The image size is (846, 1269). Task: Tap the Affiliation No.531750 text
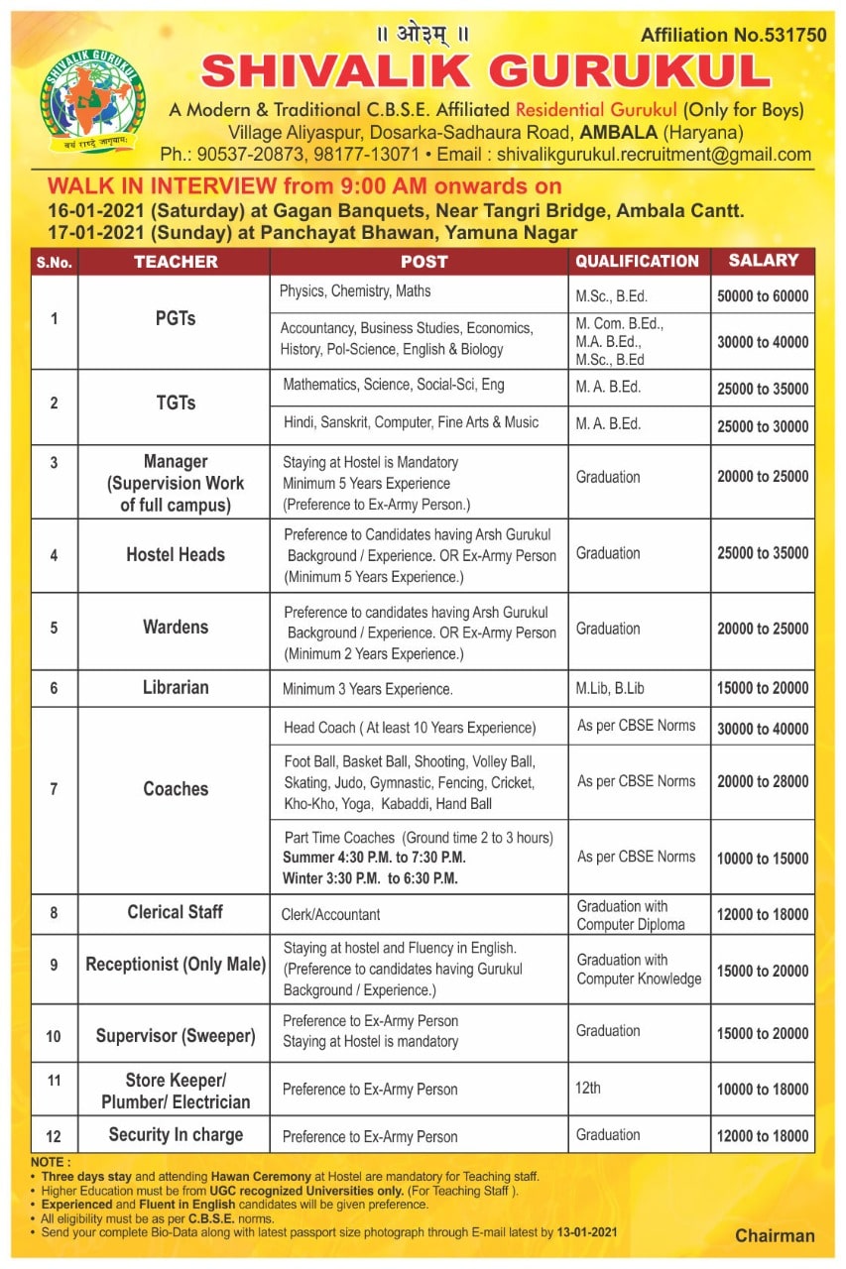pos(733,35)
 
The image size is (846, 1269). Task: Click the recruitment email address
pos(654,155)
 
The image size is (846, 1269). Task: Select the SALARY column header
pos(763,261)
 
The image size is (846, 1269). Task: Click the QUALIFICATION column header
pos(638,262)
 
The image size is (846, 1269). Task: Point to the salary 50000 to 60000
pos(763,295)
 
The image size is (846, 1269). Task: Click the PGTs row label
pos(176,319)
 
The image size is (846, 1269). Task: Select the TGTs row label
pos(176,403)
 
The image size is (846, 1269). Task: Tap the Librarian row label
pos(176,687)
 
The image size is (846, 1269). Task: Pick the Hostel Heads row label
pos(176,555)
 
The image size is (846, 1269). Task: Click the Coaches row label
pos(176,789)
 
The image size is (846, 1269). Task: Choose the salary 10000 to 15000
pos(763,859)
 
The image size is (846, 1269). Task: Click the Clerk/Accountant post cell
pos(331,915)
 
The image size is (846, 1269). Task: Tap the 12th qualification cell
pos(588,1089)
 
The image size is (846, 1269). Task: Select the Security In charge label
pos(176,1135)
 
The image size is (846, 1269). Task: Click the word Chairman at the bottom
pos(775,1235)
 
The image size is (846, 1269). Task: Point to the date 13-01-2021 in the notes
pos(586,1232)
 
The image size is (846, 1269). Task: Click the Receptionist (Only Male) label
pos(176,965)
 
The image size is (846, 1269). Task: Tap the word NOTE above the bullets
pos(50,1162)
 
